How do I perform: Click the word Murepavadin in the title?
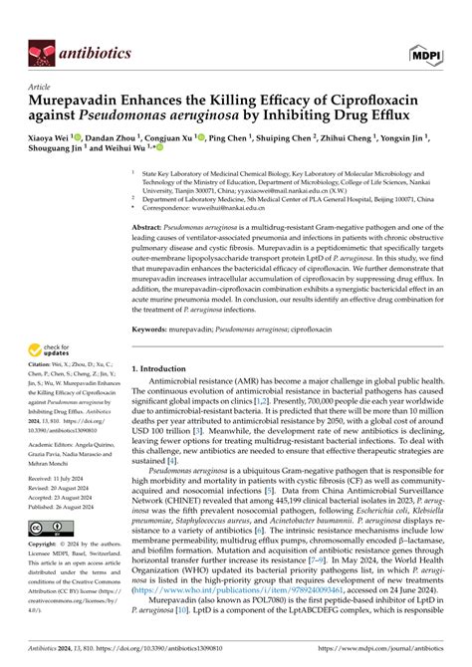(x=84, y=102)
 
